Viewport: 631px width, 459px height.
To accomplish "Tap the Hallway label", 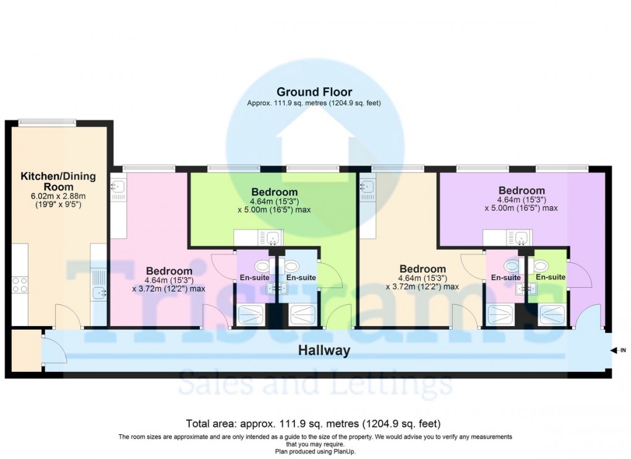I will click(324, 351).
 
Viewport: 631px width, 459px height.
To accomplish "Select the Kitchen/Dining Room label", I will click(59, 181).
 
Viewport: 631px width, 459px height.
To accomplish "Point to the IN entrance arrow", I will click(617, 351).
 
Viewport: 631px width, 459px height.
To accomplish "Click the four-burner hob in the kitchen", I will click(19, 285).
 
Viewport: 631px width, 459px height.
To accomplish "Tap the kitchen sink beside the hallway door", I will click(99, 293).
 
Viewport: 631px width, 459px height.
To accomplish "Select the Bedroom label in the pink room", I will click(169, 271).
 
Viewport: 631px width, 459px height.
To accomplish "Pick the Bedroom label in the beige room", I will click(423, 269).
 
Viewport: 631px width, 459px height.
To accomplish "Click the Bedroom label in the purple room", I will click(522, 191).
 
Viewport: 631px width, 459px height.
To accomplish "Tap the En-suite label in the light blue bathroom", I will click(301, 278).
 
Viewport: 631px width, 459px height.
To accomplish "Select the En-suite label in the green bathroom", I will click(550, 277).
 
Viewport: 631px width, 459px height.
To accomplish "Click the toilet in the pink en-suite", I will click(511, 266).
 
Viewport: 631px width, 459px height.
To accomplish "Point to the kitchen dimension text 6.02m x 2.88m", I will click(59, 196).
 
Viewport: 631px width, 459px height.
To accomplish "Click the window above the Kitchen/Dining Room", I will click(47, 122).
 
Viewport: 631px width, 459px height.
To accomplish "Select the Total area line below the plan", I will click(314, 424).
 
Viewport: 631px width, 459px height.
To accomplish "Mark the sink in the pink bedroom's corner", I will click(118, 186).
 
